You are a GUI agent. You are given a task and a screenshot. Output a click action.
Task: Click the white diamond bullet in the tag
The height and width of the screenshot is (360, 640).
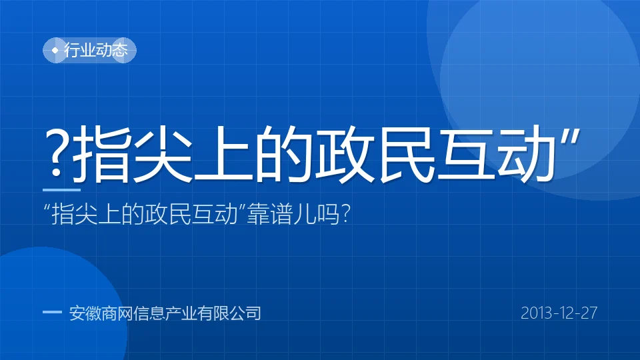pyautogui.click(x=55, y=51)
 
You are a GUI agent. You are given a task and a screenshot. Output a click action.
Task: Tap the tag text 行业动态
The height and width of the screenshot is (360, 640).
pyautogui.click(x=96, y=50)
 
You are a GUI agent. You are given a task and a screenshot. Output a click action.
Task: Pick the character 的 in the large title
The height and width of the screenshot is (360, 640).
pyautogui.click(x=283, y=153)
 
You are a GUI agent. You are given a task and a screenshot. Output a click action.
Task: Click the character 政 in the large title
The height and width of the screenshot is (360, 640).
pyautogui.click(x=345, y=153)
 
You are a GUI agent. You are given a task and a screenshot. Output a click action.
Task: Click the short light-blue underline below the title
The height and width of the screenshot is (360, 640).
pyautogui.click(x=61, y=190)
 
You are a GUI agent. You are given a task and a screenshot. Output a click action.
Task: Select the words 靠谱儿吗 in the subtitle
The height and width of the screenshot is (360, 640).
pyautogui.click(x=293, y=213)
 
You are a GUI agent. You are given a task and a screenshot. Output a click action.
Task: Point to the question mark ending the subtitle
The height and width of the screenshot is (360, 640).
pyautogui.click(x=346, y=213)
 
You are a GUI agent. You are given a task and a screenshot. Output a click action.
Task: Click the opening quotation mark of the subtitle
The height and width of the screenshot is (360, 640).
pyautogui.click(x=47, y=207)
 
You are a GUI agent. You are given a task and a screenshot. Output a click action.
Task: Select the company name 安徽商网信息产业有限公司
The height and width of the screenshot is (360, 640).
pyautogui.click(x=165, y=313)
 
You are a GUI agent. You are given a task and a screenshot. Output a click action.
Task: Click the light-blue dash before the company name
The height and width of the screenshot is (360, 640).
pyautogui.click(x=52, y=312)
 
